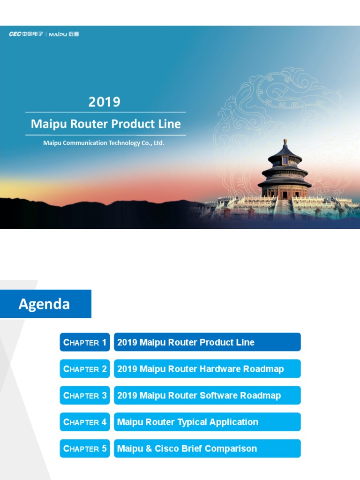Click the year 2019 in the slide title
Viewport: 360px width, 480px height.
click(x=105, y=102)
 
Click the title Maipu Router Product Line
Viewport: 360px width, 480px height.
click(x=105, y=124)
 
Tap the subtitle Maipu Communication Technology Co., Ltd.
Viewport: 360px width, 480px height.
click(x=104, y=143)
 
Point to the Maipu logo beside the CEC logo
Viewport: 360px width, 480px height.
click(x=64, y=34)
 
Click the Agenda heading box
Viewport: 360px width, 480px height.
click(x=45, y=304)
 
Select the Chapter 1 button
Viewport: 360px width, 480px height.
click(x=85, y=342)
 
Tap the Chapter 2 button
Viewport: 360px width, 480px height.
click(x=85, y=369)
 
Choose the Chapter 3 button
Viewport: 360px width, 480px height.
click(x=85, y=396)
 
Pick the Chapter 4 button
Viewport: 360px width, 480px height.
click(x=85, y=422)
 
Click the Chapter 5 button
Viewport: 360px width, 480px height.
click(x=85, y=449)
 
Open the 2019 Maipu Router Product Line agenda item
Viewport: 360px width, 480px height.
click(x=207, y=342)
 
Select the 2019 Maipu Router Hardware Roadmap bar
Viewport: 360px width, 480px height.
click(x=207, y=369)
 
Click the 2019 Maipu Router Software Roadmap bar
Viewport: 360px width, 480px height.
click(x=207, y=396)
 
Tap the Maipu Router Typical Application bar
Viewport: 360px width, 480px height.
click(x=207, y=422)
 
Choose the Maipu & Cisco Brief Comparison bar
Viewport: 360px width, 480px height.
click(x=207, y=449)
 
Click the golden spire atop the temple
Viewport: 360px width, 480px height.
click(x=285, y=142)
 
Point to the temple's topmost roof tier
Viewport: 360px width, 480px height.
click(x=285, y=154)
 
